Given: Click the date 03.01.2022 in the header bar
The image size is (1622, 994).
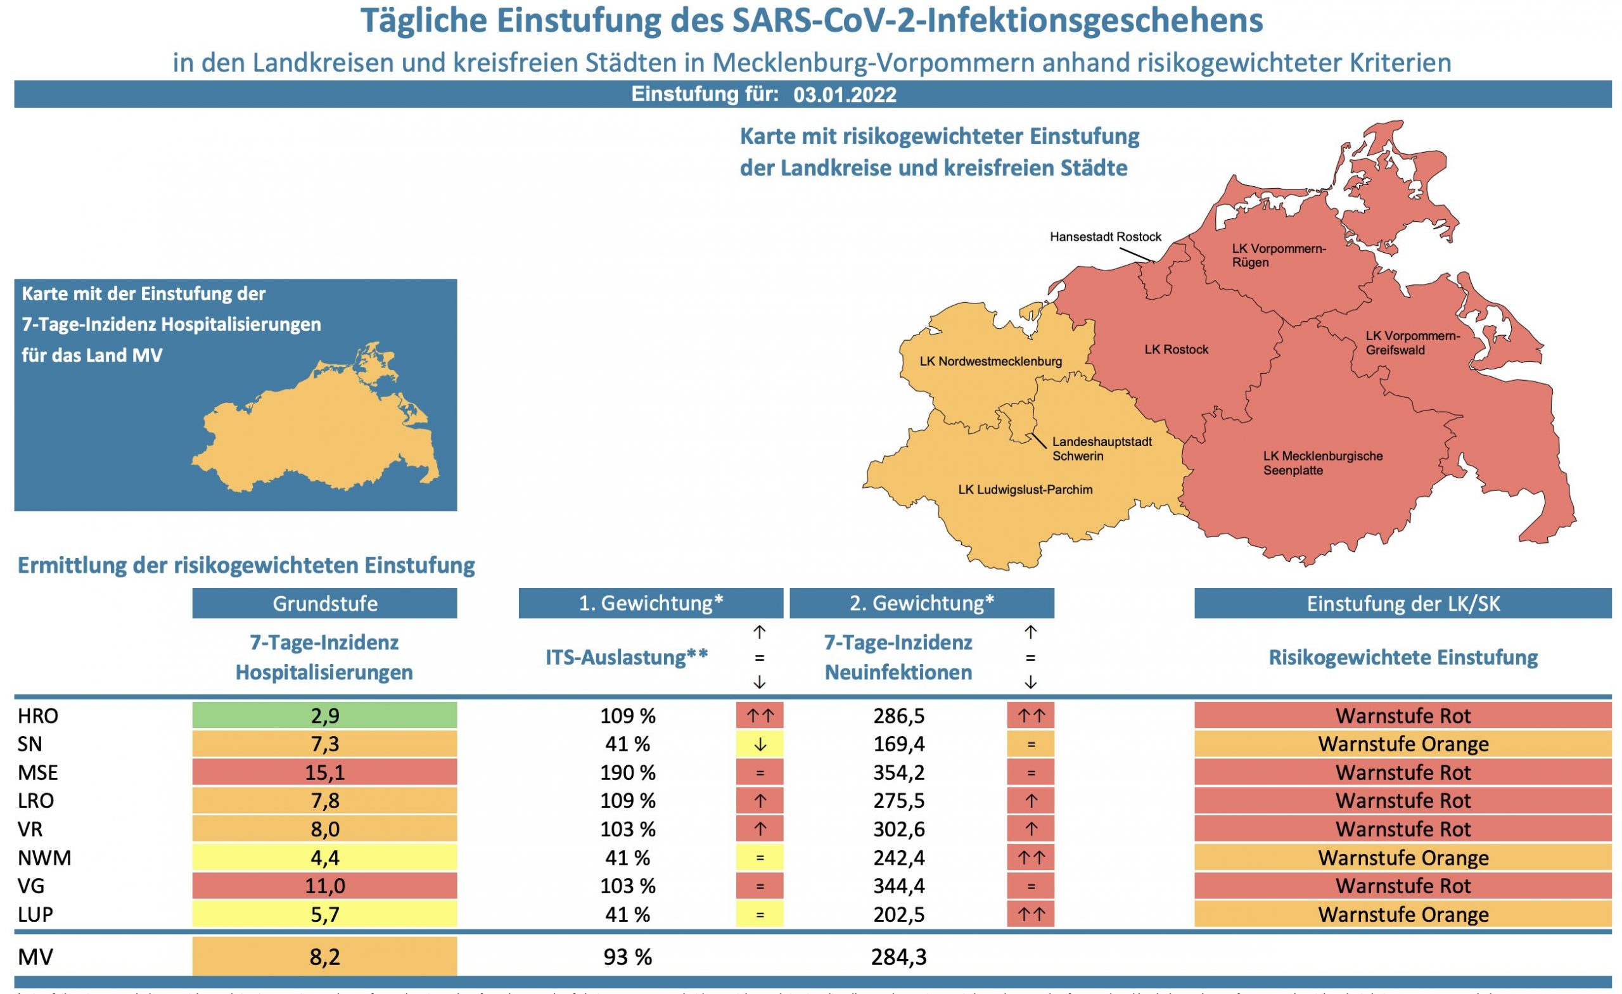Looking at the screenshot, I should coord(845,95).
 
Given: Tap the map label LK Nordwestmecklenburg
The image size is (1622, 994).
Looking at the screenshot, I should coord(990,361).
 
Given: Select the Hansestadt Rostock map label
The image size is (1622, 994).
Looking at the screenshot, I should coord(1105,237).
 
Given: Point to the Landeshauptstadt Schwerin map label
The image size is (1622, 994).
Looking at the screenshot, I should coord(1101,449).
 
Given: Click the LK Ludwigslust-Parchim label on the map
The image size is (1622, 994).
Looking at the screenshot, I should coord(1025,490).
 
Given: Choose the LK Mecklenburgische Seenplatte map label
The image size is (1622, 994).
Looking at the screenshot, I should coord(1322,462).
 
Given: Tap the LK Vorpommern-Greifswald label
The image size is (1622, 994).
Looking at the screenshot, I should coord(1412,343).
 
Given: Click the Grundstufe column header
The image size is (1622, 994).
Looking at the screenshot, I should coord(324,604).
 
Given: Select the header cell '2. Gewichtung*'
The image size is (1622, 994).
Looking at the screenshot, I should coord(922,604).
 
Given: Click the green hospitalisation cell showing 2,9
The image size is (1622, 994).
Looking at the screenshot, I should coord(324,715).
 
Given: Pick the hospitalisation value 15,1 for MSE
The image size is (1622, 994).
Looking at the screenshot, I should coord(324,772).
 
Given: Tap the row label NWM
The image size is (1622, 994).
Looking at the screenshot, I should coord(44,858).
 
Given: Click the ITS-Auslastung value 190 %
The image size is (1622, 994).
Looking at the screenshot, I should coord(627,772).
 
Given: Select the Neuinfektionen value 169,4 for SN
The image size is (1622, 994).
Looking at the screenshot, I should coord(898,744).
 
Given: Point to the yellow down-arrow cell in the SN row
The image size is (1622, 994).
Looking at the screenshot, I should coord(760,744).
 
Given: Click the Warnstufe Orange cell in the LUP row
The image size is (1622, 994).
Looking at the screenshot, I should coord(1403,914).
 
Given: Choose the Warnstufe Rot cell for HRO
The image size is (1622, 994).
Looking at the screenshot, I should coord(1403,715).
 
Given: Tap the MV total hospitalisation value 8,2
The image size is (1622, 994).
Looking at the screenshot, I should coord(324,957).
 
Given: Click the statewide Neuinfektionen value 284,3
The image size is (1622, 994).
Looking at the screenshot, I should coord(898,957).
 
